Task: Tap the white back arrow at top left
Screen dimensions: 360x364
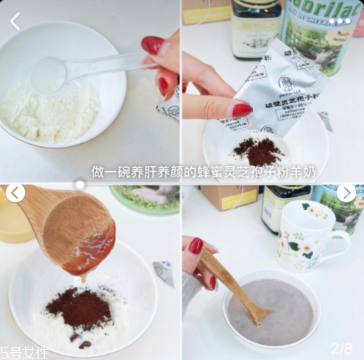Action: tap(15, 21)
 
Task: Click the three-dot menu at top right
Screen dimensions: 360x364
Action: tap(340, 21)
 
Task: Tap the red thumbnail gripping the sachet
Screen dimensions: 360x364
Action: tap(241, 110)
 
